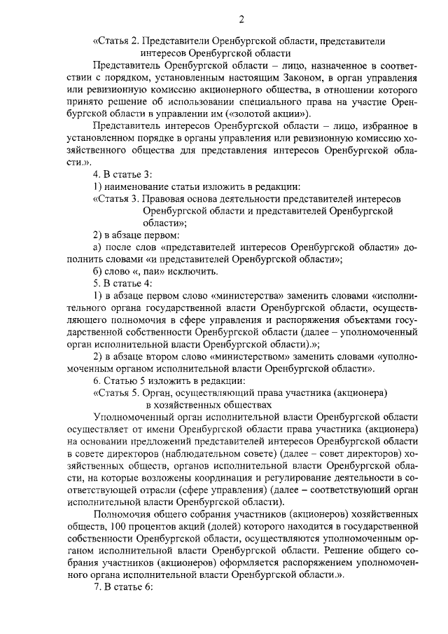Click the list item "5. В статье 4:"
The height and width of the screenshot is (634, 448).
[x=122, y=283]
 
